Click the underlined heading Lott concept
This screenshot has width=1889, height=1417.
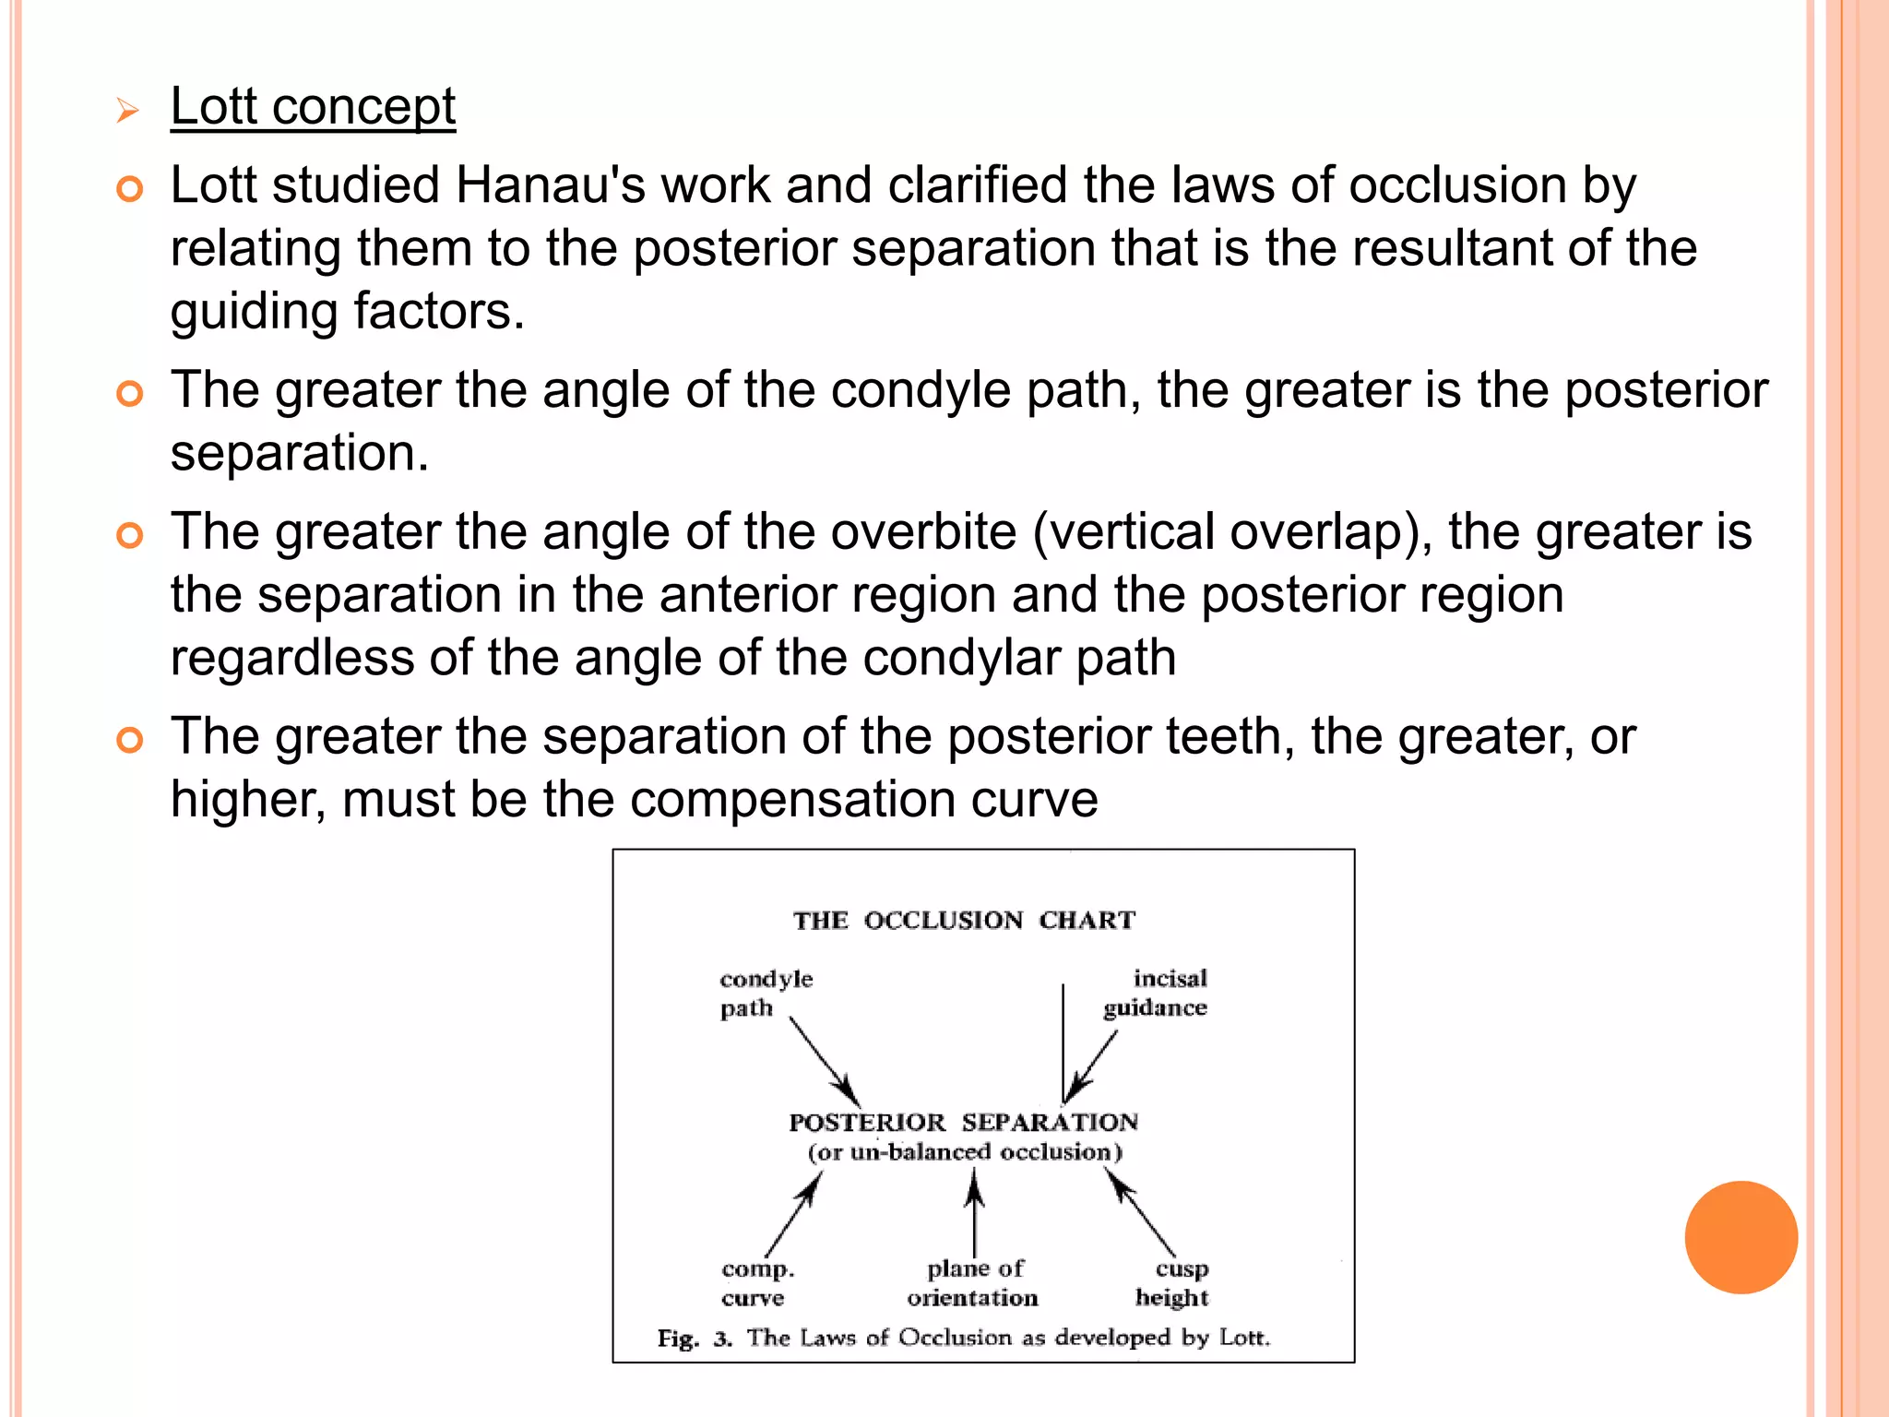[x=313, y=107]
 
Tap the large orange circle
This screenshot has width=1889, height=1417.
[x=1740, y=1237]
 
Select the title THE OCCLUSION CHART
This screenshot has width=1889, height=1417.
[x=964, y=921]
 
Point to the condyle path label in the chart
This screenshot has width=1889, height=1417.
[x=765, y=993]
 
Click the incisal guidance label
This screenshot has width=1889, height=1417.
[x=1157, y=993]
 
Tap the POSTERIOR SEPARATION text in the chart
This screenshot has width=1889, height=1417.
[x=963, y=1122]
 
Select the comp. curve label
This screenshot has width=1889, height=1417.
[x=756, y=1283]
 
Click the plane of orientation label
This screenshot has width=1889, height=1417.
[x=973, y=1283]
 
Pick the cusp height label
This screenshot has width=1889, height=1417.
[x=1172, y=1283]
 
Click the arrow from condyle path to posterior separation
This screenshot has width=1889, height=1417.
[x=825, y=1061]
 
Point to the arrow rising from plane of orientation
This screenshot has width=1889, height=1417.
[x=974, y=1213]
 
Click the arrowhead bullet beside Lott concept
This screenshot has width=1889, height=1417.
[x=128, y=112]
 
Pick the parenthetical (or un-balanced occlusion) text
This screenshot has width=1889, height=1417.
[x=965, y=1152]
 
